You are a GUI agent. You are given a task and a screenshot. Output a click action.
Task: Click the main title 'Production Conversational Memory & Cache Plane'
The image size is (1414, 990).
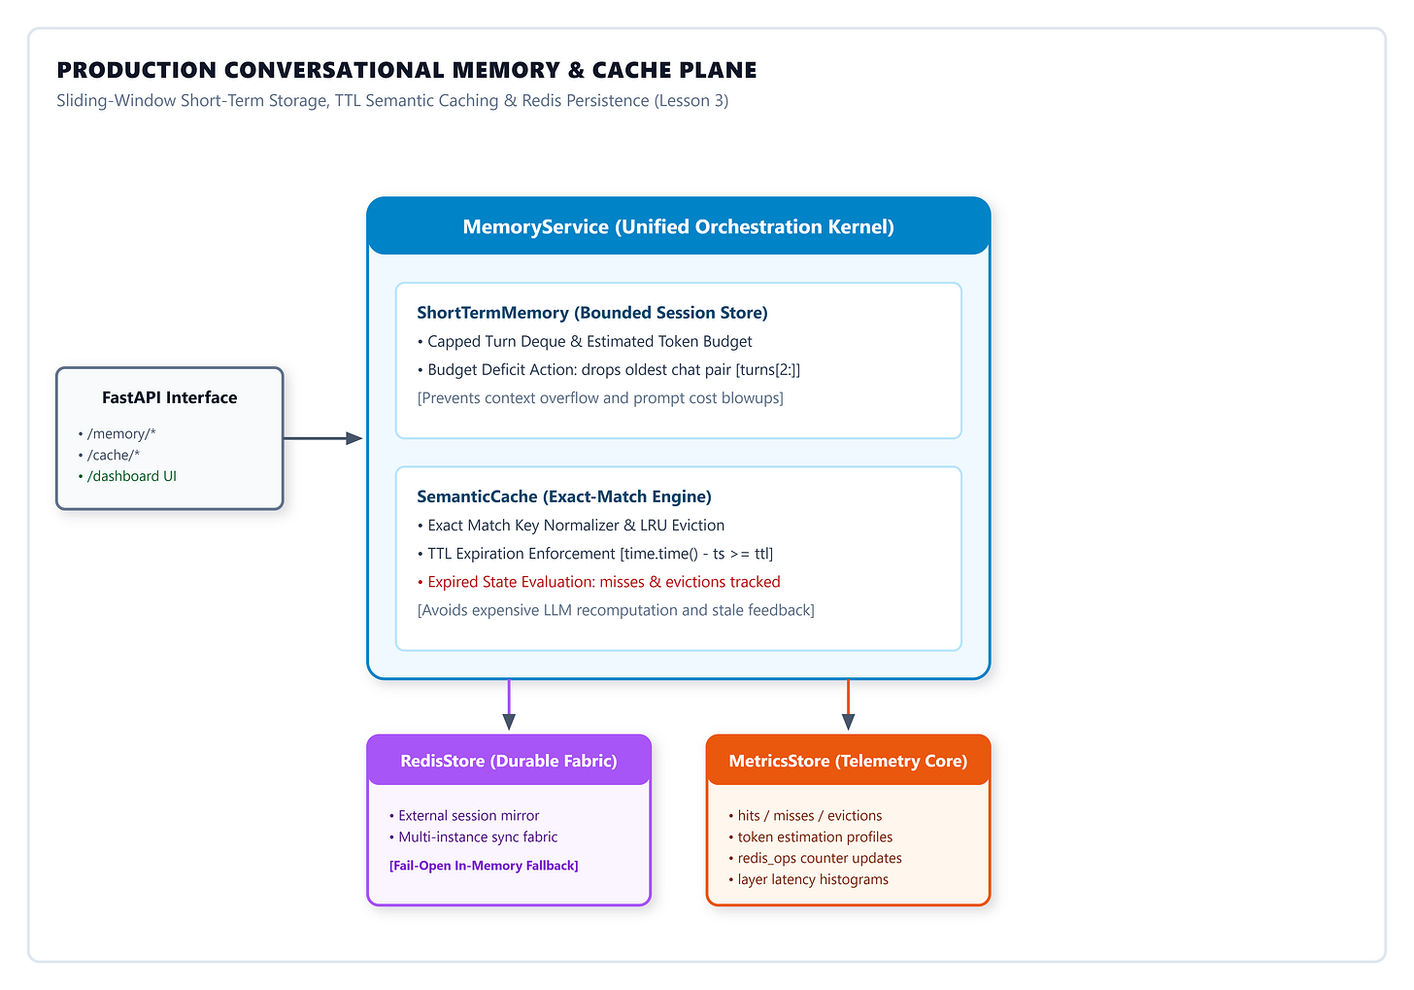[407, 70]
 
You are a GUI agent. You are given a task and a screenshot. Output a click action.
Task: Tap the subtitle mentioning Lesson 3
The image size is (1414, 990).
[392, 101]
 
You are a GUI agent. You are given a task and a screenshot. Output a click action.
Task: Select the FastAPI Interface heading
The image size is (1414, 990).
[170, 397]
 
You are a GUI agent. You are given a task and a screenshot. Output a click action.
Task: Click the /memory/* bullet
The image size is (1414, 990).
[117, 433]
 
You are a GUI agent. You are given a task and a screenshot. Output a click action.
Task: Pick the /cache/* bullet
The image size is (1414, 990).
[109, 456]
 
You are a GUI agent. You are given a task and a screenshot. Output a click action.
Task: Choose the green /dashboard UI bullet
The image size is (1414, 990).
[127, 476]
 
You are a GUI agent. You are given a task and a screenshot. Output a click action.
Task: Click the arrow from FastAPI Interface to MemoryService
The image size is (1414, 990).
[323, 438]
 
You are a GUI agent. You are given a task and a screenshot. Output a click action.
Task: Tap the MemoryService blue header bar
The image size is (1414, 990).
[679, 226]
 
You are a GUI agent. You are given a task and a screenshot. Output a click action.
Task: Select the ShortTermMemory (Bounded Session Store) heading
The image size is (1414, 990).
[592, 313]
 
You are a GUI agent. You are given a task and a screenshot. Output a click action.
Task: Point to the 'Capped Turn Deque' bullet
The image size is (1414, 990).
[585, 342]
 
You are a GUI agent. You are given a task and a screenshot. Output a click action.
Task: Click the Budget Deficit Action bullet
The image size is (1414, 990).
[609, 370]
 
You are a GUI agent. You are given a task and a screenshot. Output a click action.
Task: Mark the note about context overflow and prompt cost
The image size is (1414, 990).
[600, 398]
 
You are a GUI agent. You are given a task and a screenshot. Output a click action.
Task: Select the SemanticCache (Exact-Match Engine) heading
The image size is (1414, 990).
[564, 496]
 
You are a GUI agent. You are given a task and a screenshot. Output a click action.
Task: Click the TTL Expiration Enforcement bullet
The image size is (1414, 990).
[595, 554]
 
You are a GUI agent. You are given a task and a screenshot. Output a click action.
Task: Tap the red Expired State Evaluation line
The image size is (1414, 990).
[599, 582]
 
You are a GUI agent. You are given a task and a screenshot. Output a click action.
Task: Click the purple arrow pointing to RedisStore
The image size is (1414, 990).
[510, 704]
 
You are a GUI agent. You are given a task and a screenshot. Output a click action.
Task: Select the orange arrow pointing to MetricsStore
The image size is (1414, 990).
[849, 704]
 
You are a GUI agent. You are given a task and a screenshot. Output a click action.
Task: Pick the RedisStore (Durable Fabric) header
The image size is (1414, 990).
[509, 761]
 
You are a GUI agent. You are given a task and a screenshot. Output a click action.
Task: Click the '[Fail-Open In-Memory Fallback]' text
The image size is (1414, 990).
[484, 866]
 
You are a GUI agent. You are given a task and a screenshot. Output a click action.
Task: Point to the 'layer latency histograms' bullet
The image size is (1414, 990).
[809, 879]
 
